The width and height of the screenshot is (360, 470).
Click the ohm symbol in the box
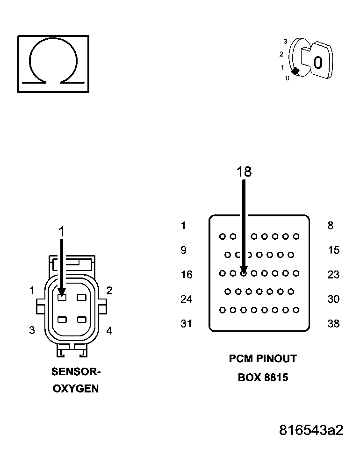53,63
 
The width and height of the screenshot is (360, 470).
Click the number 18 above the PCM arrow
244,172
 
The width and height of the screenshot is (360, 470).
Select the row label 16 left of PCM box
187,275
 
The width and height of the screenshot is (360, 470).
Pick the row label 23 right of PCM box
333,275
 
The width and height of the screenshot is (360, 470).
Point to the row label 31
187,323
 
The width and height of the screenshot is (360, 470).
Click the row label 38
333,323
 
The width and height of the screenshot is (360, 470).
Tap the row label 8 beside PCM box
331,226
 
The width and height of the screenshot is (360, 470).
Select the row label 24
187,299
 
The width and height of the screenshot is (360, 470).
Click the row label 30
333,299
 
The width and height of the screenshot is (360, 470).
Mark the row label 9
184,250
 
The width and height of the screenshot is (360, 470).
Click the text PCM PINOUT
263,358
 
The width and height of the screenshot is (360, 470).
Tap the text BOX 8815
263,377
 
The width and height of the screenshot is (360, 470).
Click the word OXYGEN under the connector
76,389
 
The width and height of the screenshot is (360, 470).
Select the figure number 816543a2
311,430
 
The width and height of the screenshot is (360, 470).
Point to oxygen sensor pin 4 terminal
82,320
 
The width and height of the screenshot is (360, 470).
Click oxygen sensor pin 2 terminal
82,297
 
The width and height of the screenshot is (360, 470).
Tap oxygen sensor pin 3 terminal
62,320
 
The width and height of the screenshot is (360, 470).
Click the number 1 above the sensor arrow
61,231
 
